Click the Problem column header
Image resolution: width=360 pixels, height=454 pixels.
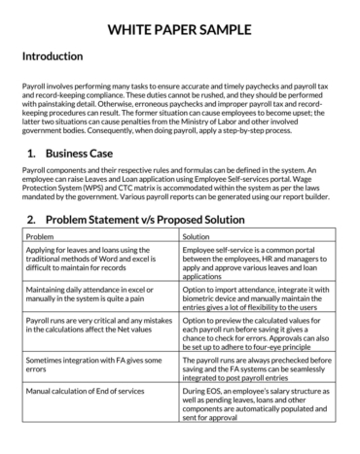point(41,236)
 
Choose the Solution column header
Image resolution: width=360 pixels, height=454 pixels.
point(197,236)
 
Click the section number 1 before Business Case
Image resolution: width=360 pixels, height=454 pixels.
point(32,154)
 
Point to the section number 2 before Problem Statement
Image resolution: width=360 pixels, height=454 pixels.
point(32,220)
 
